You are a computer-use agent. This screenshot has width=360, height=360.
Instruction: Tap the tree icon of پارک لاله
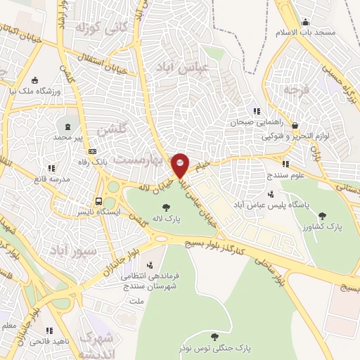pos(167,207)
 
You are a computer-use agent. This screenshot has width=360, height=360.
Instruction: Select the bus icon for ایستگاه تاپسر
pos(99,200)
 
